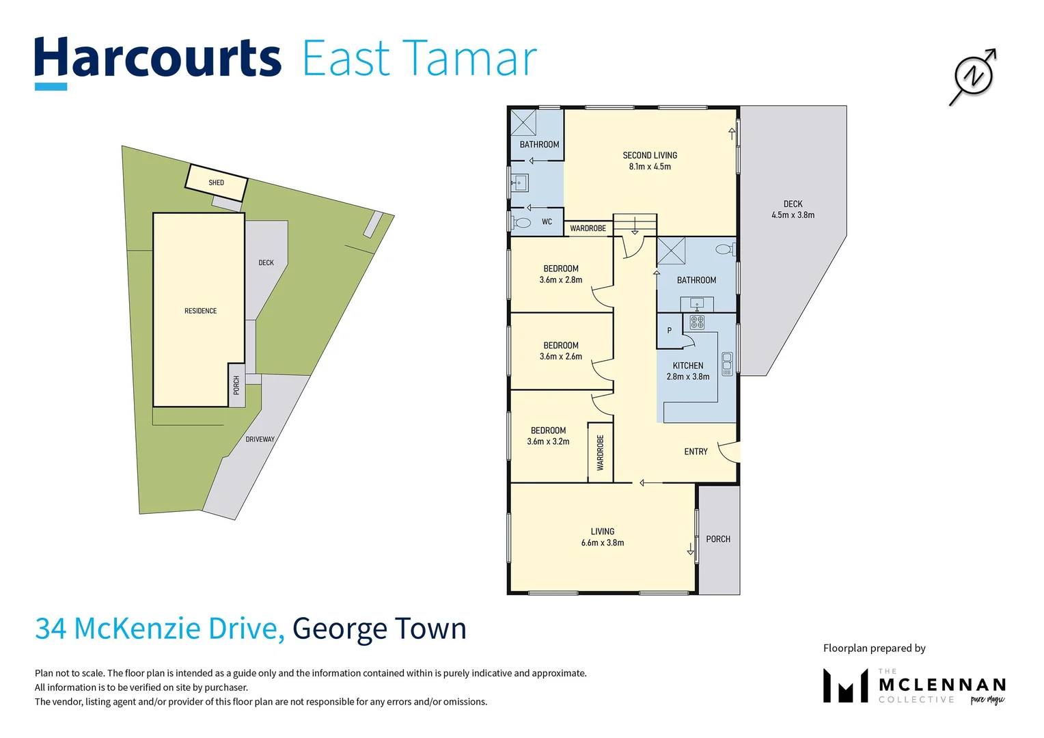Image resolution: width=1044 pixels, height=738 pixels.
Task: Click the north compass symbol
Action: click(x=973, y=76)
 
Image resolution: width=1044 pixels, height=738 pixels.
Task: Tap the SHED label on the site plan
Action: click(x=216, y=182)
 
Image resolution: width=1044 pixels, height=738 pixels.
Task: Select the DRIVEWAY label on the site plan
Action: click(x=260, y=439)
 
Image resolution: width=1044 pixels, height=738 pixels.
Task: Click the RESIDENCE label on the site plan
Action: click(x=200, y=311)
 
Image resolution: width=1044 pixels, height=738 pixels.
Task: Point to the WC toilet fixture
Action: click(x=523, y=223)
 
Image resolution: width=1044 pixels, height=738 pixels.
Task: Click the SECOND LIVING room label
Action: click(x=650, y=155)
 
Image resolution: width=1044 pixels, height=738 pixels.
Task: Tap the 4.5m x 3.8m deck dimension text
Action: click(x=793, y=215)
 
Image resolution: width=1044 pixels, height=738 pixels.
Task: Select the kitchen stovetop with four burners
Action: click(x=697, y=321)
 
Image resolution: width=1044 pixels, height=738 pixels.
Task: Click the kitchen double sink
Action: click(x=727, y=364)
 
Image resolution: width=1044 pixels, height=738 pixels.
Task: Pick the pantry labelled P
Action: click(x=669, y=331)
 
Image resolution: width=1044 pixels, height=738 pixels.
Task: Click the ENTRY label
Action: click(x=696, y=452)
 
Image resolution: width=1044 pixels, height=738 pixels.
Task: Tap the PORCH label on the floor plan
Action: click(x=718, y=539)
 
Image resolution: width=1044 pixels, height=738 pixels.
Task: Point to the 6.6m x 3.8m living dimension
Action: click(x=602, y=543)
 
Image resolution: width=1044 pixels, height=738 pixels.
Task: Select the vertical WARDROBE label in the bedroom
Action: click(x=601, y=453)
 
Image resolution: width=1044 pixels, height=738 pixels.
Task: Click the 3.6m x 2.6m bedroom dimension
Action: click(x=561, y=357)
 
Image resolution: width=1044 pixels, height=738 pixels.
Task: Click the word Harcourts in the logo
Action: click(x=157, y=59)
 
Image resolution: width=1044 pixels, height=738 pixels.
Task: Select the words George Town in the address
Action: click(x=379, y=629)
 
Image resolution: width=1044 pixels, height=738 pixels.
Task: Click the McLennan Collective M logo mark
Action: click(x=845, y=686)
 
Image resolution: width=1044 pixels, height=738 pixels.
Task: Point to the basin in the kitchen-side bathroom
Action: click(x=697, y=303)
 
